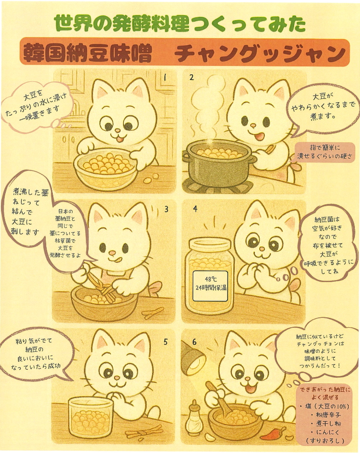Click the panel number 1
tap(165, 77)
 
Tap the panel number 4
tap(195, 209)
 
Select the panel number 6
tap(194, 342)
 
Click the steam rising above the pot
tap(208, 110)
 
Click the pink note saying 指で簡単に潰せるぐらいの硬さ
tap(325, 152)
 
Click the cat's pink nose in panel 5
tap(116, 378)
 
